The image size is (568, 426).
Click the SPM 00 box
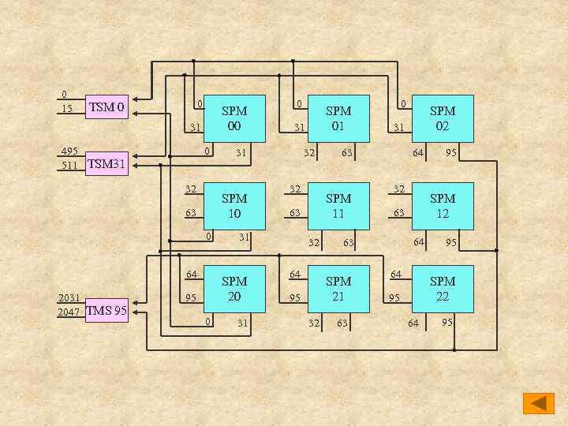[x=234, y=118]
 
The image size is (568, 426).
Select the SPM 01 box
[x=338, y=118]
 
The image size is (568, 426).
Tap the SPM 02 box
[x=443, y=118]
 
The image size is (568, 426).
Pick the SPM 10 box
[x=234, y=206]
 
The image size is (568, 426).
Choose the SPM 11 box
[x=338, y=206]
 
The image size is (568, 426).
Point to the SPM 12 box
[x=443, y=206]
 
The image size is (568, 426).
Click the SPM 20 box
[x=234, y=290]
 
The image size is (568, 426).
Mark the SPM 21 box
[x=338, y=290]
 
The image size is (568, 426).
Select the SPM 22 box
[x=443, y=290]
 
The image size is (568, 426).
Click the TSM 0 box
[x=106, y=106]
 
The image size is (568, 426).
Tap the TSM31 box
[x=106, y=164]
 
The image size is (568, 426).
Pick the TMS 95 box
[x=106, y=310]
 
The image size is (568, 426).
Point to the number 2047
[x=68, y=312]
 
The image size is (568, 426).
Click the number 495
[x=69, y=151]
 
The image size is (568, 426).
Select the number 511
[x=69, y=166]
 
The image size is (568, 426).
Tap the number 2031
[x=68, y=298]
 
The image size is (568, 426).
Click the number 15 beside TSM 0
[x=67, y=108]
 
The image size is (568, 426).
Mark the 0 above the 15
[x=64, y=95]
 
